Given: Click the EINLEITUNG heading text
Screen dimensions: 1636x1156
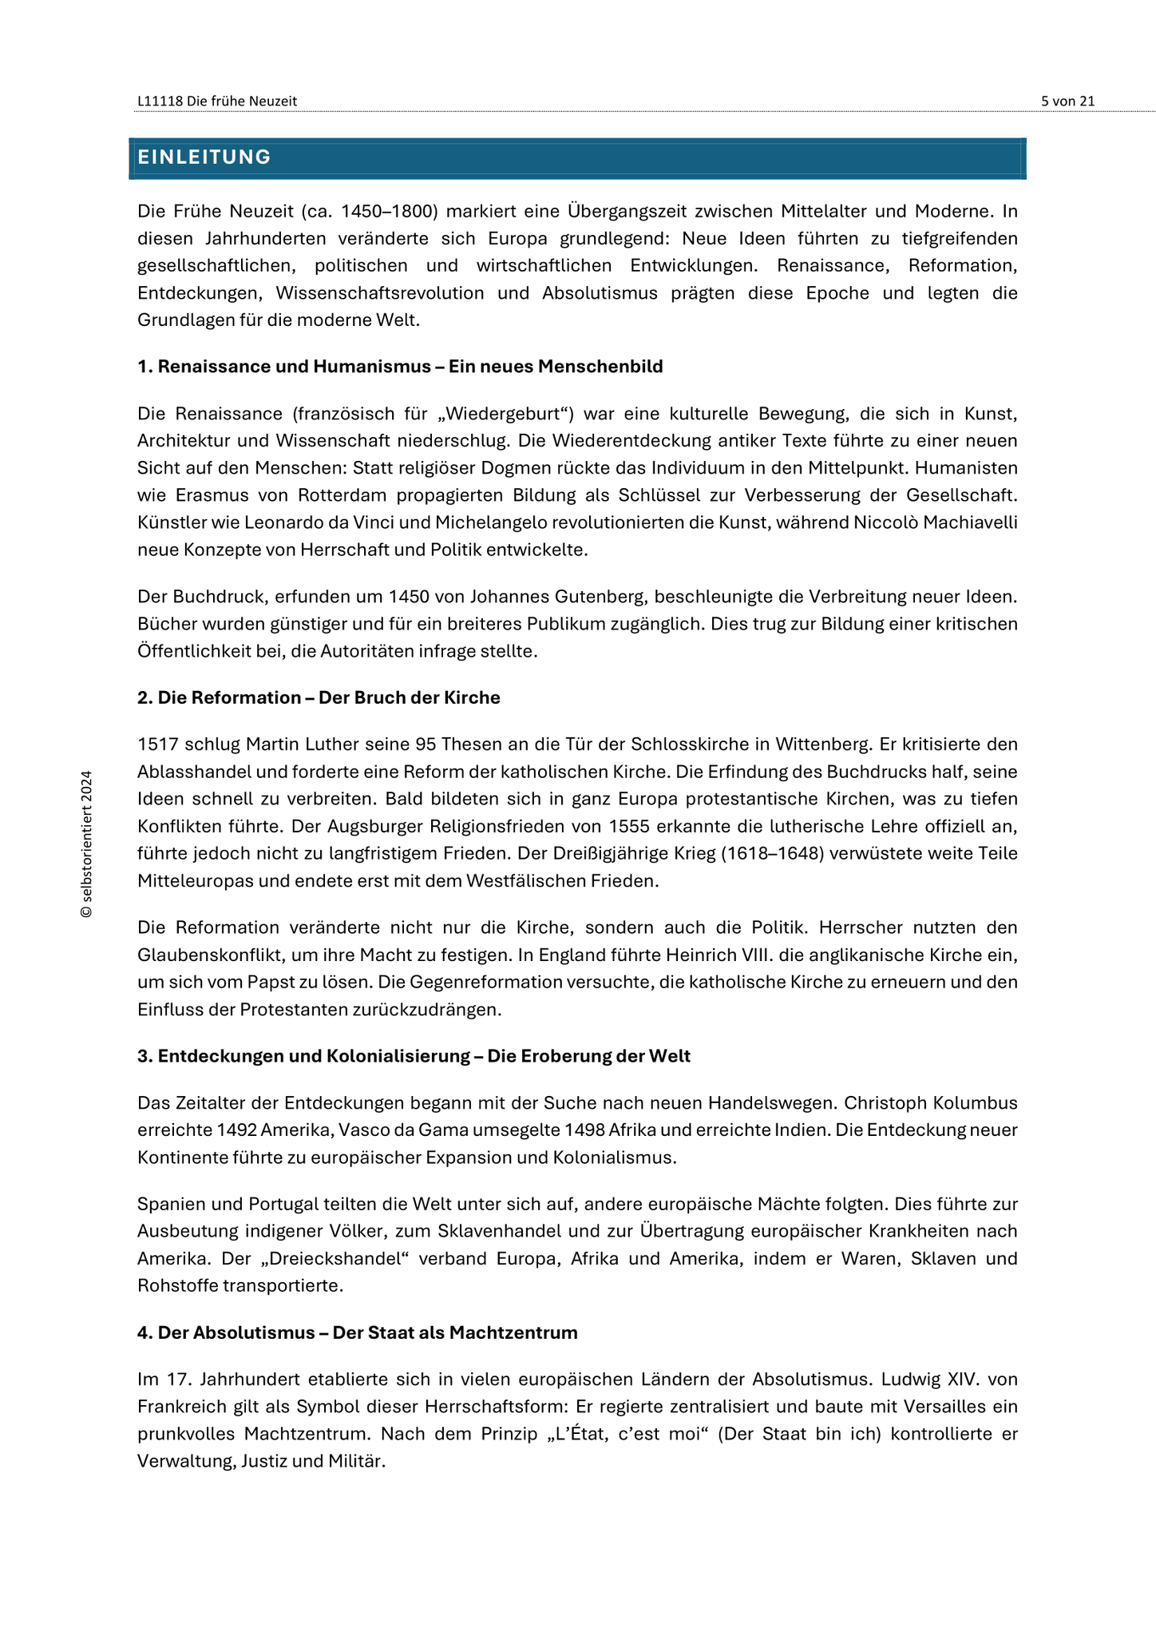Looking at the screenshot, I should click(204, 157).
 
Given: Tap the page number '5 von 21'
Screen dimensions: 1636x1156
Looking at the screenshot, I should click(1067, 101).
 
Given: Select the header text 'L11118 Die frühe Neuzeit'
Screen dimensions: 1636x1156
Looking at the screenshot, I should click(217, 101).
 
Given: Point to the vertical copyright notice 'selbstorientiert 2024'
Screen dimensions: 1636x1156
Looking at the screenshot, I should click(86, 844).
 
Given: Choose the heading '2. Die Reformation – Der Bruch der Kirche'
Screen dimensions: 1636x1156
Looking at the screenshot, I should click(319, 697).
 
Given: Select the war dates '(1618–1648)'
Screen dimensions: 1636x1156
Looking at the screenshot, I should click(772, 853).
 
